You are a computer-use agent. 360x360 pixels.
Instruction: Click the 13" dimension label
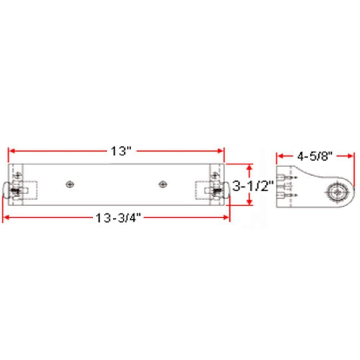121,151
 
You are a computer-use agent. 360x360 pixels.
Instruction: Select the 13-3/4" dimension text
118,218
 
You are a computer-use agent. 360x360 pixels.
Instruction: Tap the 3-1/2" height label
253,186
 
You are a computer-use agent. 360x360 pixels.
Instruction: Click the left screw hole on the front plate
70,184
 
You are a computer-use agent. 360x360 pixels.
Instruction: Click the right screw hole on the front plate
163,184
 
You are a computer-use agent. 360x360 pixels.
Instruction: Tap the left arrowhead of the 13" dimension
12,151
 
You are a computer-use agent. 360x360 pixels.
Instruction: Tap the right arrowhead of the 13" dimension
220,151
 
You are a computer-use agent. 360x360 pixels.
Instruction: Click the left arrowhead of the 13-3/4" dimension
6,217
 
